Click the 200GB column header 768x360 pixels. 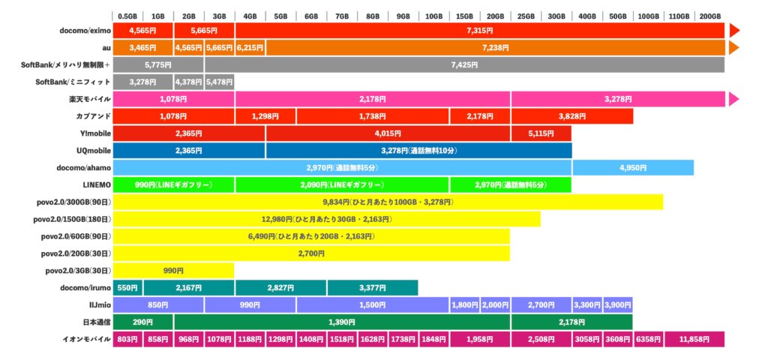[x=709, y=16]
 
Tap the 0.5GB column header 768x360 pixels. [x=128, y=16]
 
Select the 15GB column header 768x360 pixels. [x=465, y=16]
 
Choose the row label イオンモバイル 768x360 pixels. [x=85, y=339]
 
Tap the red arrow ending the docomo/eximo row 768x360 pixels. [x=734, y=31]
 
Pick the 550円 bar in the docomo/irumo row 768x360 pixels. [x=128, y=287]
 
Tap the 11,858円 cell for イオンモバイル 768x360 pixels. [x=694, y=339]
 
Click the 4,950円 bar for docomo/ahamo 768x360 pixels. [x=633, y=167]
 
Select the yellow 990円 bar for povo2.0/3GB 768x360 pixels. [x=173, y=270]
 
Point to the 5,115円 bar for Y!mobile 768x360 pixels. [x=541, y=133]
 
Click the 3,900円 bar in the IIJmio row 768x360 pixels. [x=617, y=304]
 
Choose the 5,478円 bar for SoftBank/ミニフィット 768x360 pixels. [x=219, y=82]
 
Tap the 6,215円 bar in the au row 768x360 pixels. [x=250, y=48]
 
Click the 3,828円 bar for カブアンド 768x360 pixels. [x=571, y=116]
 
